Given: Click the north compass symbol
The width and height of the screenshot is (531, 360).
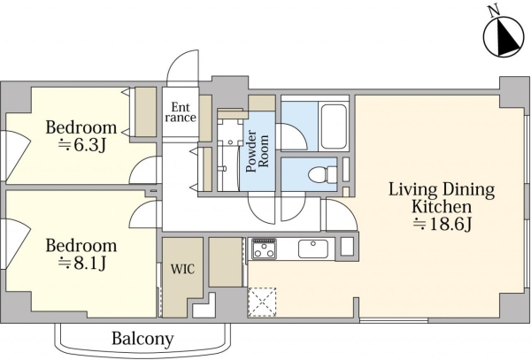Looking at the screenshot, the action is click(502, 40).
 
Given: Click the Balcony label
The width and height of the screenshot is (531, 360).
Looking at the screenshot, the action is click(142, 339).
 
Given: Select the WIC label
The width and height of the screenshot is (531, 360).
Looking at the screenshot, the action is click(183, 269).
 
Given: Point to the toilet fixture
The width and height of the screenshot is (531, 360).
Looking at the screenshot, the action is click(323, 174).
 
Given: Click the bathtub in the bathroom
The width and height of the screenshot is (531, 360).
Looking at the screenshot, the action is click(334, 126).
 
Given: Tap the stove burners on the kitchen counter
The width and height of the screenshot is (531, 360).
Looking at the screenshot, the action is click(264, 249).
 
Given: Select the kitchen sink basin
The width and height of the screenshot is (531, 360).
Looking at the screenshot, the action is click(313, 249).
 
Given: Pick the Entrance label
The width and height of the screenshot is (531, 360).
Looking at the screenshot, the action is click(181, 112).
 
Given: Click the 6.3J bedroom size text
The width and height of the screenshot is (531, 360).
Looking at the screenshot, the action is click(82, 145).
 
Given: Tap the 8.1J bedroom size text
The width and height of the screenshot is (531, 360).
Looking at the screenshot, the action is click(82, 263).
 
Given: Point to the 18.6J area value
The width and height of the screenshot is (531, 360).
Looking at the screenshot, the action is click(442, 224).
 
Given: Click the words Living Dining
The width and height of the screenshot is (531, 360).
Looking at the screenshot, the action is click(442, 189).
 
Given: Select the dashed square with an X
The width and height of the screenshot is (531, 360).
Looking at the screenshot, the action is click(263, 303).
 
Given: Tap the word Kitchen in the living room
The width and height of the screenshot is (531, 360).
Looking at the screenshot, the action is click(442, 206).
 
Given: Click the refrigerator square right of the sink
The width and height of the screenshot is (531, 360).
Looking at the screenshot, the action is click(347, 247).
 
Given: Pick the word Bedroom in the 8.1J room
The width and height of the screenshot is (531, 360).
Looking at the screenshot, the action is click(81, 245).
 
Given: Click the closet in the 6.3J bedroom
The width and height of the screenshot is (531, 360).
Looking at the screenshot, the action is click(146, 112).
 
